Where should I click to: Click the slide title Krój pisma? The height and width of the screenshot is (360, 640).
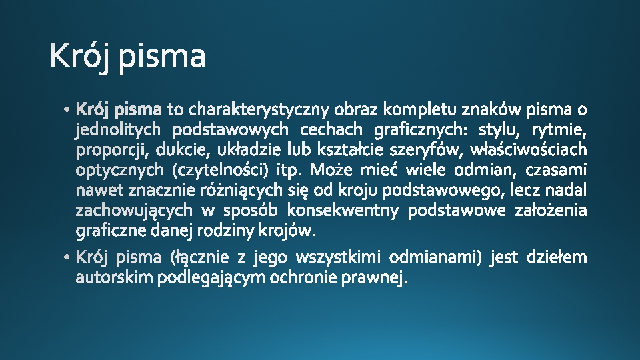coord(127,57)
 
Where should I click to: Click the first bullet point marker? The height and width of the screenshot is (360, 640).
coord(69,109)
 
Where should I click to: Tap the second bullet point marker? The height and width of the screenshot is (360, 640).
coord(69,257)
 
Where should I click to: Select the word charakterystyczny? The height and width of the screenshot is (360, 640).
coord(260,109)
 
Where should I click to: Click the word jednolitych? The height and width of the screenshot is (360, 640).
coord(118,129)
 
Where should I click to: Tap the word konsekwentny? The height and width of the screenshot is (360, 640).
coord(343,211)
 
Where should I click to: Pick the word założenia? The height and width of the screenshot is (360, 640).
coord(551,211)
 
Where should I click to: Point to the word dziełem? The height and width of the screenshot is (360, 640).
coord(557,257)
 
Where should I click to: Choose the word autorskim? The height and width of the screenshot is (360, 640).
coord(114,277)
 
